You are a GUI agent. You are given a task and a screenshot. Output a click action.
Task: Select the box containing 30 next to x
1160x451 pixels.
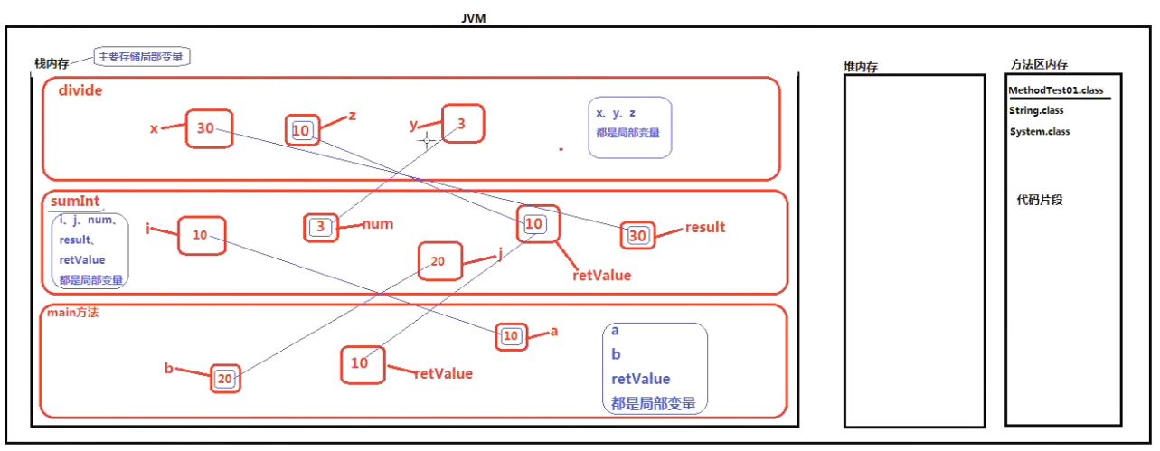210,128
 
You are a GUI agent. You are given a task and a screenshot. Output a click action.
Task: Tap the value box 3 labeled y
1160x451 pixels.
463,124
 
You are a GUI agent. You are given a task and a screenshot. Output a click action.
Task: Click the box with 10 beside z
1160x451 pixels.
302,131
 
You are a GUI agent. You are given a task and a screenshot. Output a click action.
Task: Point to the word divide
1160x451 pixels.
80,90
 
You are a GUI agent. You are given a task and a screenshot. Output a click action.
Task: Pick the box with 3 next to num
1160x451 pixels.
321,226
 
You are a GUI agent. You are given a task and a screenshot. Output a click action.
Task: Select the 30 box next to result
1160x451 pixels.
637,236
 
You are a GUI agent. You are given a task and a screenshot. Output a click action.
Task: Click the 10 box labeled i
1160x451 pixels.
201,235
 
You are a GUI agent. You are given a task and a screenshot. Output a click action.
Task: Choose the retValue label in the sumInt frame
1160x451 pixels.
601,275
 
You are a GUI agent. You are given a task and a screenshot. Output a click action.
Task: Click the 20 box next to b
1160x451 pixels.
224,379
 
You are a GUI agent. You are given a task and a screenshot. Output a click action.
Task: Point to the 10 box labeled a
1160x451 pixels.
511,336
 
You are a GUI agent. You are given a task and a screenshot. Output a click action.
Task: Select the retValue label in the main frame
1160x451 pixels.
443,372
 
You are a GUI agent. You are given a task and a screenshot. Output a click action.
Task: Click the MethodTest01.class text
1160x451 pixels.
1055,90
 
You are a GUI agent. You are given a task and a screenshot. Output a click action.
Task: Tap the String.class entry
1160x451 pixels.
1036,110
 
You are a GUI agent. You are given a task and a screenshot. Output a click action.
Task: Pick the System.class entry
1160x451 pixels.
1040,131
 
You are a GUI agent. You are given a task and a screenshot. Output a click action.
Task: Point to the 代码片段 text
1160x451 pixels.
1040,200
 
